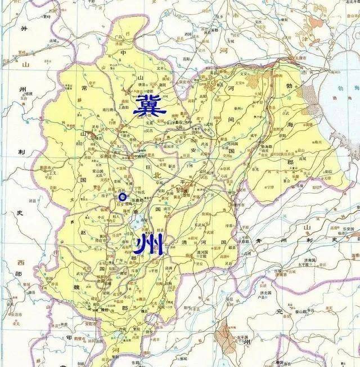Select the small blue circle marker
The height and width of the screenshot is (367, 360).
[122, 196]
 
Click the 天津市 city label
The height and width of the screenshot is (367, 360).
[296, 58]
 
